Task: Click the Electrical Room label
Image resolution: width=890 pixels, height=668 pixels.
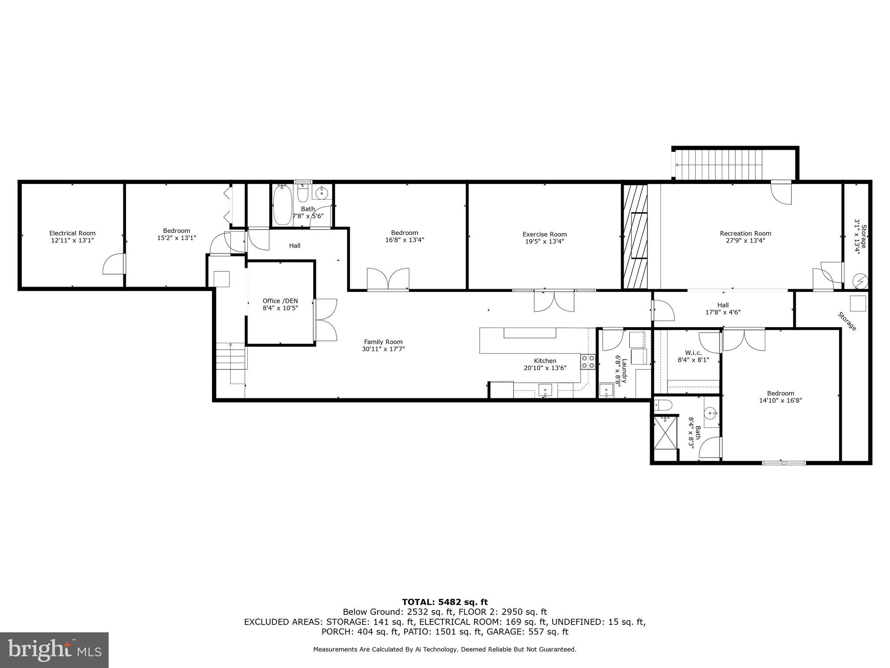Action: [x=72, y=233]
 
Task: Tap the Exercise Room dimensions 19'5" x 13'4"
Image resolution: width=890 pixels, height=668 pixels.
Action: [x=545, y=241]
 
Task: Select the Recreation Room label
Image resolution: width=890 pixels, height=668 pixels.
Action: [x=745, y=234]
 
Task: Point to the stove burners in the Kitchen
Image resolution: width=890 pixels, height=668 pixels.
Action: [x=588, y=362]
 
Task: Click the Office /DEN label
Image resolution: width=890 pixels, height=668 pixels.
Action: [x=280, y=301]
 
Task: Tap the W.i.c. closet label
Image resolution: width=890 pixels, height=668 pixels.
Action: [x=693, y=353]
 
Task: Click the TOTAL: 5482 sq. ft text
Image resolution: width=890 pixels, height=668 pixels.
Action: [x=445, y=602]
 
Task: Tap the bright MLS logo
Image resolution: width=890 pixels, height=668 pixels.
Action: [x=54, y=650]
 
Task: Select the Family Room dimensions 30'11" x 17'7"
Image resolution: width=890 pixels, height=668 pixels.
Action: [x=383, y=349]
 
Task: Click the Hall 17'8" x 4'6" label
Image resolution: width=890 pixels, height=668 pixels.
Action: [x=723, y=308]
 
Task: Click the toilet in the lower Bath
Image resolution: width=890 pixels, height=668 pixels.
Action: [x=662, y=405]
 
